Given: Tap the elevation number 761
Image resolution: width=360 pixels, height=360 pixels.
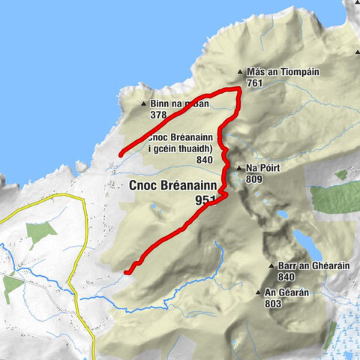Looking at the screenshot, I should click(253, 83).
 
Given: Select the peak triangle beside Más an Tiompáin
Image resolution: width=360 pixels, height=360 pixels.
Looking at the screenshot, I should click(240, 73).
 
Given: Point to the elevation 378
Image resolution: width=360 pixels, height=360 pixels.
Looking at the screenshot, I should click(158, 115).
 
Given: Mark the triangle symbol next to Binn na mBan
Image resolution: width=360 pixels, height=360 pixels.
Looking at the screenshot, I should click(144, 105).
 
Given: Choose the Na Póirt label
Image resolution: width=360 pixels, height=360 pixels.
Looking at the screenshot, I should click(262, 169).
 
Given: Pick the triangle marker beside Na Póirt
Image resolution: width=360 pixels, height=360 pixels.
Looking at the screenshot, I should click(238, 169).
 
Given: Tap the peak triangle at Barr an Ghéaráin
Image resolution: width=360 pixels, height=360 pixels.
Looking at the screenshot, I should click(271, 266).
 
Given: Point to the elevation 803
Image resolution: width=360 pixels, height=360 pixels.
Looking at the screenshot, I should click(274, 304).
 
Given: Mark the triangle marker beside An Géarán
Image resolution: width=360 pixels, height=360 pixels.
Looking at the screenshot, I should click(259, 293).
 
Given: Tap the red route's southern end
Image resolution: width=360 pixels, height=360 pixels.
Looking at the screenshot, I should click(127, 271).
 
